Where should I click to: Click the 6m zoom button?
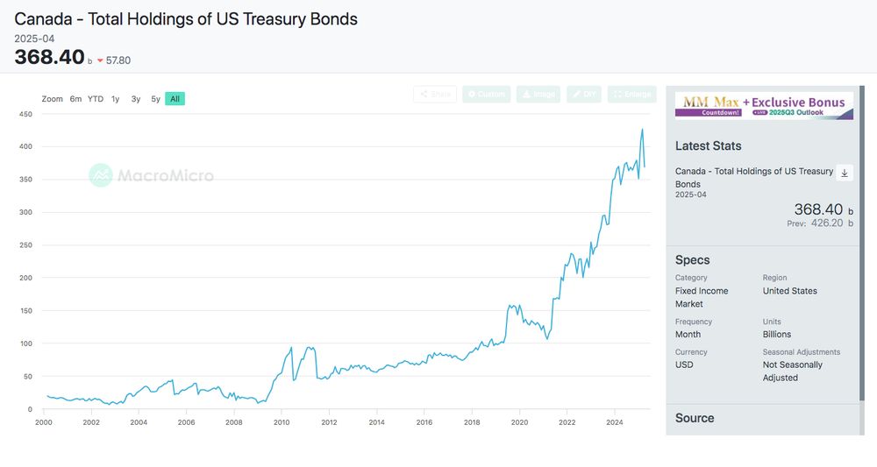pyautogui.click(x=76, y=99)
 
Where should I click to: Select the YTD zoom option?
pyautogui.click(x=96, y=99)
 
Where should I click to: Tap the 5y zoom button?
pyautogui.click(x=155, y=99)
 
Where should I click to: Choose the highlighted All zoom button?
pyautogui.click(x=175, y=99)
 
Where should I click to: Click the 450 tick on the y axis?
pyautogui.click(x=25, y=115)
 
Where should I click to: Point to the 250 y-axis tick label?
pyautogui.click(x=25, y=245)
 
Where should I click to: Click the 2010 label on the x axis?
pyautogui.click(x=282, y=422)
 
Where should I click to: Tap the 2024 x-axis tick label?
pyautogui.click(x=615, y=422)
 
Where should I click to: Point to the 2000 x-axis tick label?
pyautogui.click(x=44, y=422)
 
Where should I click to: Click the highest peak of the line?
pyautogui.click(x=642, y=130)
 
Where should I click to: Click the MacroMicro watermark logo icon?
pyautogui.click(x=101, y=175)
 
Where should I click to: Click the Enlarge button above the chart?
pyautogui.click(x=632, y=94)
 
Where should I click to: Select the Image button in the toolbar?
pyautogui.click(x=538, y=94)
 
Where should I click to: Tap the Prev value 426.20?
pyautogui.click(x=825, y=223)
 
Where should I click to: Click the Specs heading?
pyautogui.click(x=693, y=260)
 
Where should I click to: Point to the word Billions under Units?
pyautogui.click(x=777, y=334)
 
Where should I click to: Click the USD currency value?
pyautogui.click(x=684, y=364)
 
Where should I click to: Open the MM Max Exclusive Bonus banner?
pyautogui.click(x=764, y=106)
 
